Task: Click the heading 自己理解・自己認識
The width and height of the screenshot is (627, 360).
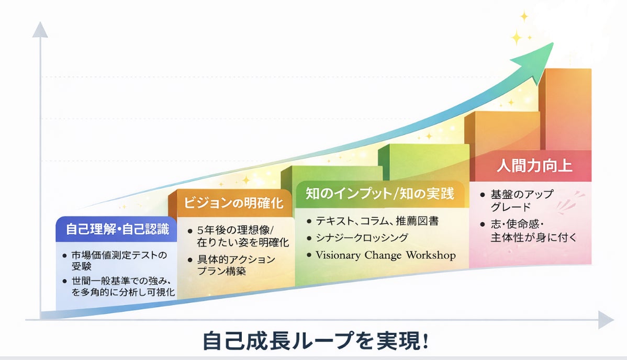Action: tap(117, 229)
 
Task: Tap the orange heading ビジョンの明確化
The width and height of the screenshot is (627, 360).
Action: tap(233, 203)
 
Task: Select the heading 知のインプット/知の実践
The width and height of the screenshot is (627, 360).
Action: tap(380, 194)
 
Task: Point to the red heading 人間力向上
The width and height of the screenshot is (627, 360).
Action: tap(534, 165)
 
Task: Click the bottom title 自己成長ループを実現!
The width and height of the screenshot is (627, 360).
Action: tap(316, 341)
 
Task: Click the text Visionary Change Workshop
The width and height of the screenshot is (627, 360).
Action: tap(386, 255)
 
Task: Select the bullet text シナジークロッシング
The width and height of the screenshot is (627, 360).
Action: tap(362, 238)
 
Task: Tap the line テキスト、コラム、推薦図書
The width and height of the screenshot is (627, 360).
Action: tap(377, 221)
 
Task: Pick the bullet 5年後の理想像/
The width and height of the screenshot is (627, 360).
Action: tap(236, 230)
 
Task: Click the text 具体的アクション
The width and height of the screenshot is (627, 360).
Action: tap(236, 260)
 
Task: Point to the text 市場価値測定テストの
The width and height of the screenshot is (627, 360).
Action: tap(119, 255)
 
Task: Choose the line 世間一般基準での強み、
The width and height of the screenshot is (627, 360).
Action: tap(121, 281)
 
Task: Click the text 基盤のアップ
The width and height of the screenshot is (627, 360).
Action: tap(522, 195)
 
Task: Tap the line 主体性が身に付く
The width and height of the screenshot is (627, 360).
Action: tap(534, 238)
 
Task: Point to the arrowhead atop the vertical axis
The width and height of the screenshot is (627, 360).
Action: tap(40, 30)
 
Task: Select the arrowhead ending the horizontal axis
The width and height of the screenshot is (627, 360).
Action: tap(606, 320)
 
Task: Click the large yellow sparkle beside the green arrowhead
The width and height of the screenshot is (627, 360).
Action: tap(517, 38)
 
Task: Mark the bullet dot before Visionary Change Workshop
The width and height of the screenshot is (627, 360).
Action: tap(309, 255)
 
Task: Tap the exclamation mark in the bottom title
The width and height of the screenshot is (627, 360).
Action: tap(425, 341)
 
